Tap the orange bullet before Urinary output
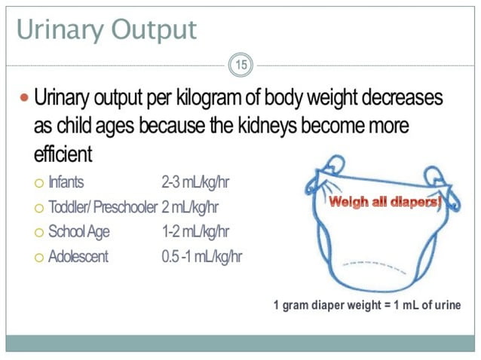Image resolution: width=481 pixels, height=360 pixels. pyautogui.click(x=23, y=98)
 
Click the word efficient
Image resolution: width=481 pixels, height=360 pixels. pyautogui.click(x=63, y=154)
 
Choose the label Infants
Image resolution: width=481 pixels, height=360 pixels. pyautogui.click(x=67, y=182)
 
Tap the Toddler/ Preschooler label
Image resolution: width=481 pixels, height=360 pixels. pyautogui.click(x=103, y=206)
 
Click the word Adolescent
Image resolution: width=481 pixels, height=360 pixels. pyautogui.click(x=78, y=256)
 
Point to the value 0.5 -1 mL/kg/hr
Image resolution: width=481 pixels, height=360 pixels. pyautogui.click(x=201, y=256)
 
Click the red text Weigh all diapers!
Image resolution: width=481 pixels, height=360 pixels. pyautogui.click(x=384, y=202)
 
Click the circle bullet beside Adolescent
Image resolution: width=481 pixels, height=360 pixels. pyautogui.click(x=38, y=257)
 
